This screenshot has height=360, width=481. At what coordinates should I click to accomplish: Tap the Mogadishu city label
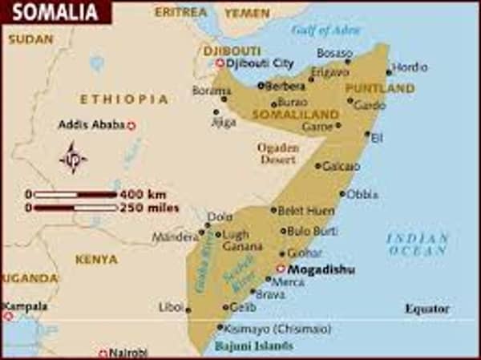321,269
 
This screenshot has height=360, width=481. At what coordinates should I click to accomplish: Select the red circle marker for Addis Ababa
131,126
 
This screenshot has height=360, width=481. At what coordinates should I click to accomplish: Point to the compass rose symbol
73,157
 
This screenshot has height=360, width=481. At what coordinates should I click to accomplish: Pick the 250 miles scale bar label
149,208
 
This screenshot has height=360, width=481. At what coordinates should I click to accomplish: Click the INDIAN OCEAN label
418,245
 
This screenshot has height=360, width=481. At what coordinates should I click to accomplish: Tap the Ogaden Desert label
277,153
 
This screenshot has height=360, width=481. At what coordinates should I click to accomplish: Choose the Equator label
427,309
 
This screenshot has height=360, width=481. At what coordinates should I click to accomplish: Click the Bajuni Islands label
253,346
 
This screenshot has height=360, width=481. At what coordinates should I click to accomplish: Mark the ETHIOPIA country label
124,99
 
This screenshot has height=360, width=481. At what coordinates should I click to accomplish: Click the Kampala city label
25,306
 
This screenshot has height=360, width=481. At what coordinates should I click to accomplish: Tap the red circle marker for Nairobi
103,354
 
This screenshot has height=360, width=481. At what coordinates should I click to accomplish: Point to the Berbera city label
286,85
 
